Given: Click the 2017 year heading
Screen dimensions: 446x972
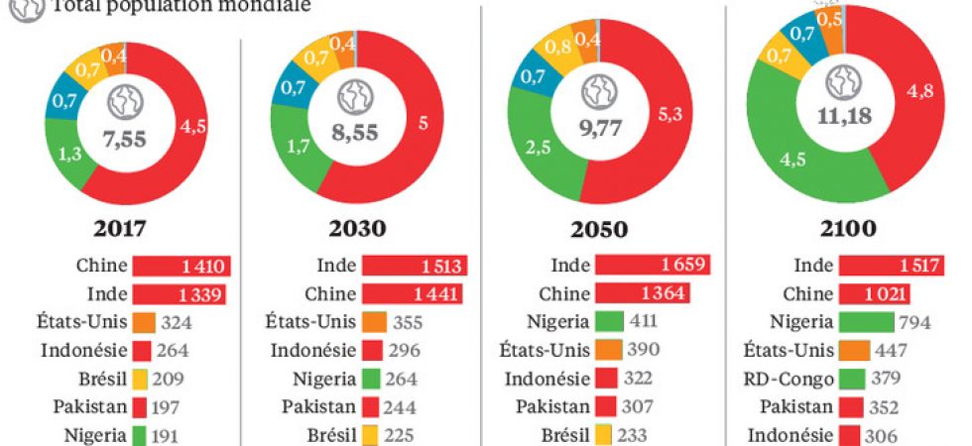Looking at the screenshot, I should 120,229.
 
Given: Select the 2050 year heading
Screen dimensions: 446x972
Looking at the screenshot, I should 598,229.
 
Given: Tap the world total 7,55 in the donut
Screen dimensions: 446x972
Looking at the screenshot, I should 126,139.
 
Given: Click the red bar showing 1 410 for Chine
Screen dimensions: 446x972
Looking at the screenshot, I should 182,266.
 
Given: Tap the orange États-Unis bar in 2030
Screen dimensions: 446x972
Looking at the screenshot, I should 373,321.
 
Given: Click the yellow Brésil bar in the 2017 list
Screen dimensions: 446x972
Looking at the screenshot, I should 140,378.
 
